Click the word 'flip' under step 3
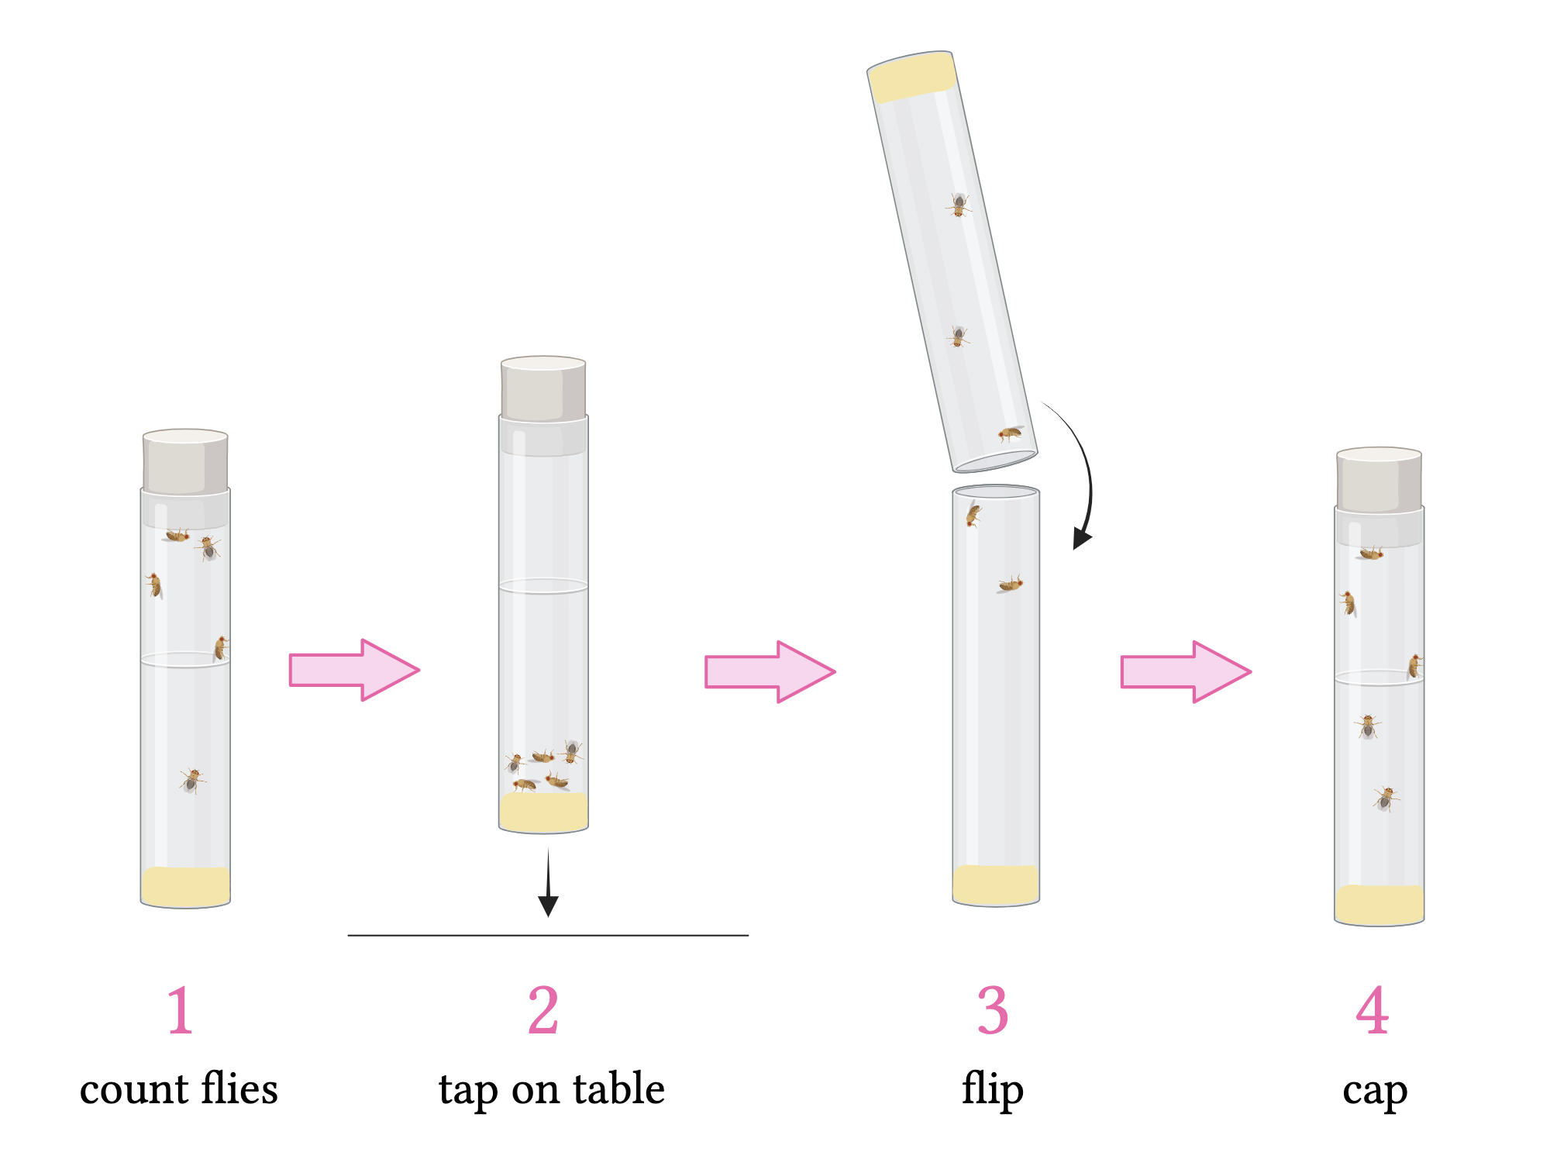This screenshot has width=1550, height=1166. (993, 1090)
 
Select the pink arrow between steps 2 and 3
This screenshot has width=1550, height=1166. (770, 671)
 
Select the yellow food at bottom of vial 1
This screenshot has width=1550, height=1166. (185, 886)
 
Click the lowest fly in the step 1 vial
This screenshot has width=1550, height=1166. (191, 779)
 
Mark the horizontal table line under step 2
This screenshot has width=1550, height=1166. (548, 936)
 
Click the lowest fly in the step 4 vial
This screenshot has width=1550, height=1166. (1385, 798)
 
